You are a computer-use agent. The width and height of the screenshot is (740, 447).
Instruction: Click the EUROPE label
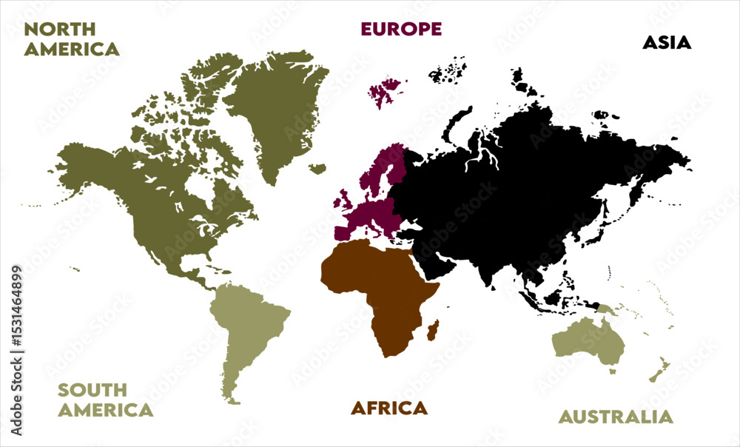point(400,29)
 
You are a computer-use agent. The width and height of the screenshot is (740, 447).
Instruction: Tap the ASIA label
point(666,42)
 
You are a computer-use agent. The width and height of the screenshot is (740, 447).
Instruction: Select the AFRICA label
point(388,408)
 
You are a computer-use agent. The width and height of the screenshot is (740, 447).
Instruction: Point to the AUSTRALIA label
point(616,417)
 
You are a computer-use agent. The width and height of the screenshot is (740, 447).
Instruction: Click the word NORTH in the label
point(59,29)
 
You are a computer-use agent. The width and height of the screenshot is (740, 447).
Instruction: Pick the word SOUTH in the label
point(92,390)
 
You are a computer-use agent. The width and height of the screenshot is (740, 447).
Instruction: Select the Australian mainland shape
point(588,340)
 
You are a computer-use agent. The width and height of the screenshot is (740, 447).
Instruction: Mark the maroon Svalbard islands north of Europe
point(383,93)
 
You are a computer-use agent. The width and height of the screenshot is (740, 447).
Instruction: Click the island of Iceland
point(318,169)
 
